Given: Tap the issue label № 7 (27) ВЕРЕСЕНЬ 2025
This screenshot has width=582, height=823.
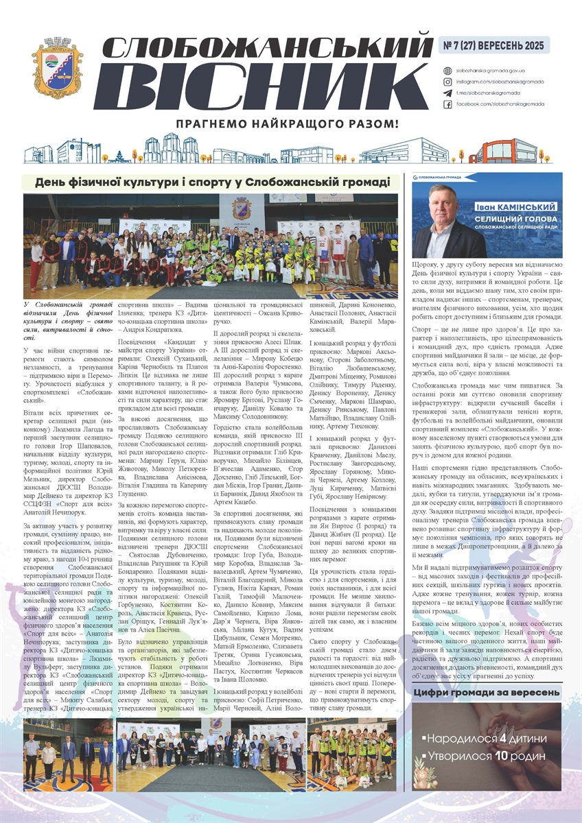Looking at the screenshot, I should click(493, 45).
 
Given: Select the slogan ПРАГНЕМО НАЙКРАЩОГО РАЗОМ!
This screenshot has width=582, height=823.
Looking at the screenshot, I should click(287, 125).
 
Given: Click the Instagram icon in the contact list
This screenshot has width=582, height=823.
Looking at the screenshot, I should click(448, 82).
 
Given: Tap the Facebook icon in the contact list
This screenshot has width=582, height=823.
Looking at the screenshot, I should click(448, 104).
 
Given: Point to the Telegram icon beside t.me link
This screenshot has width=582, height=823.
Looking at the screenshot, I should click(448, 93).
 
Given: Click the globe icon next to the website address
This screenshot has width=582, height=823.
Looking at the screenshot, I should click(448, 71).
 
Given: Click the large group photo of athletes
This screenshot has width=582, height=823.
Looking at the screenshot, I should click(210, 245).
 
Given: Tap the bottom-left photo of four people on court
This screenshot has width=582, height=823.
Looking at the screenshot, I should click(67, 752).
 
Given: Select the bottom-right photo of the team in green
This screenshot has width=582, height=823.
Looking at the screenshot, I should click(352, 752).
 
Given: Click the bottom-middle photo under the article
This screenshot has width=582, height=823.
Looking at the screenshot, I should click(209, 752).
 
